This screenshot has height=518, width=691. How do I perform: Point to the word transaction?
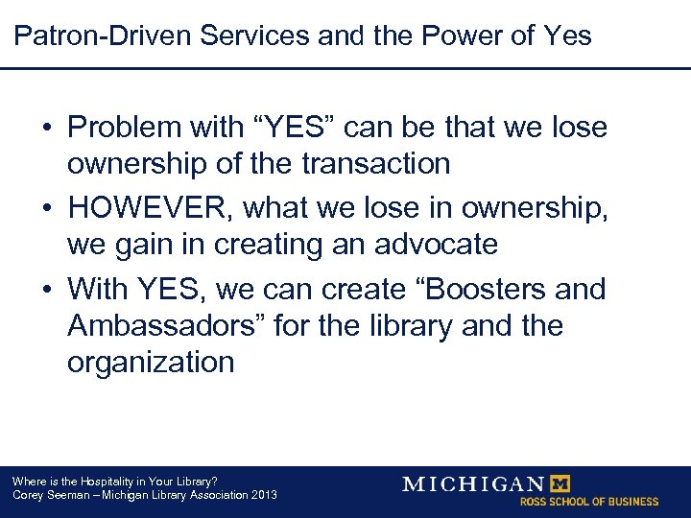[x=375, y=164]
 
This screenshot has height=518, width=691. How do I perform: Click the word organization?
[x=151, y=362]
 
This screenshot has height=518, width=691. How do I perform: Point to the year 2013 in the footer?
[x=261, y=495]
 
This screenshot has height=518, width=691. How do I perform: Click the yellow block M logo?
[x=557, y=483]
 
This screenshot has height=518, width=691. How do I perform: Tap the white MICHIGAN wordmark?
[x=472, y=483]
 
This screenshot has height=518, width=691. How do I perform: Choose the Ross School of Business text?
[x=589, y=502]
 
